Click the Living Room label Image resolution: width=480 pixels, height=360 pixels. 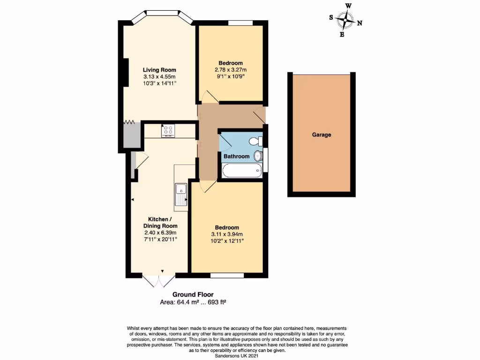(160, 70)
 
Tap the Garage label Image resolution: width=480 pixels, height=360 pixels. (322, 135)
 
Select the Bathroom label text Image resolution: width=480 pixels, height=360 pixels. (236, 157)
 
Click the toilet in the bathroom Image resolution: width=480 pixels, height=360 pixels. (256, 140)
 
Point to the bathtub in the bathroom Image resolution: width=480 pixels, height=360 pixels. (241, 171)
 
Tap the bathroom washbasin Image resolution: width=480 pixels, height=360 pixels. (258, 156)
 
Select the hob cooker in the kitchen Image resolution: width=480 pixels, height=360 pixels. (168, 130)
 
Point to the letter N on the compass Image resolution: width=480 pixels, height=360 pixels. (360, 23)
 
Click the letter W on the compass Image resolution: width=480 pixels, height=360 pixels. (348, 6)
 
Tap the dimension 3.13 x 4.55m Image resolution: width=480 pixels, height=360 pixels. (160, 77)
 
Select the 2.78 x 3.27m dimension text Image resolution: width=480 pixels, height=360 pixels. (230, 70)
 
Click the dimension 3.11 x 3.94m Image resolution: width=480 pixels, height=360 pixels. (227, 234)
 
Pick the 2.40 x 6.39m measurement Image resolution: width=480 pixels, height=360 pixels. (160, 232)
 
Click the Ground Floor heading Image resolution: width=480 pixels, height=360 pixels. (193, 294)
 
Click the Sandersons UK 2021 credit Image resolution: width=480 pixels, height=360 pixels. (237, 356)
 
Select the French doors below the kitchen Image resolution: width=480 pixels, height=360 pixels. (158, 281)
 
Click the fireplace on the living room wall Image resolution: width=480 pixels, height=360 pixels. (125, 72)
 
